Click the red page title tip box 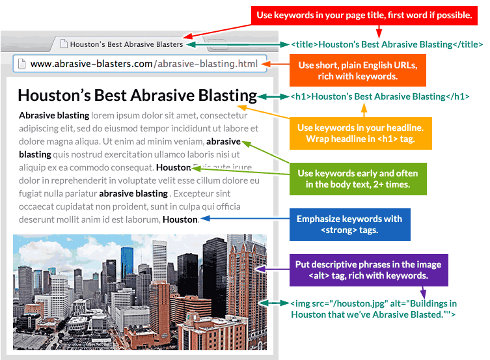[x=364, y=16]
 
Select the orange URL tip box [x=357, y=70]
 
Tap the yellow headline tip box [x=361, y=133]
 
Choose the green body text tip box [x=358, y=179]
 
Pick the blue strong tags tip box [x=349, y=225]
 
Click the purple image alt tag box [x=369, y=270]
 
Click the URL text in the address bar [x=144, y=64]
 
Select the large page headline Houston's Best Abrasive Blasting [x=137, y=96]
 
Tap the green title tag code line [x=387, y=44]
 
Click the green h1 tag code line [x=380, y=96]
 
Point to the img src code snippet [x=374, y=309]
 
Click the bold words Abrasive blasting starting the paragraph [x=54, y=116]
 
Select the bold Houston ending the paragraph [x=180, y=219]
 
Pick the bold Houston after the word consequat [x=174, y=167]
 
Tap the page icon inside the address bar [x=21, y=63]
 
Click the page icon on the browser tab [x=64, y=44]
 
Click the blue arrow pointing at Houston [x=245, y=219]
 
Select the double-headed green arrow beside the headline [x=273, y=96]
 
